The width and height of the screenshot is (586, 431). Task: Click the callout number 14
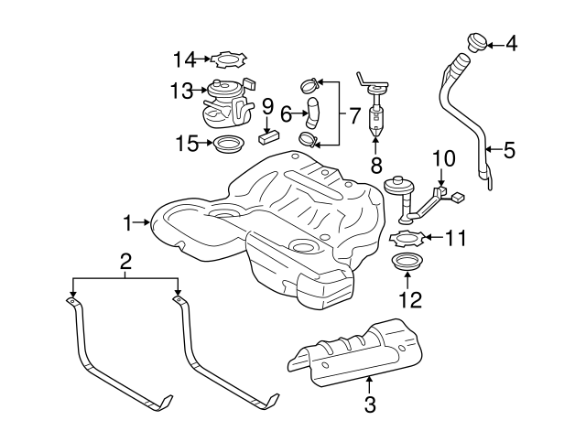click(185, 60)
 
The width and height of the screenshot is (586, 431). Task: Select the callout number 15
click(187, 143)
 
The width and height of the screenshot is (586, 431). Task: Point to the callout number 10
click(443, 158)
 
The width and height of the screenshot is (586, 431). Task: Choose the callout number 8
click(375, 166)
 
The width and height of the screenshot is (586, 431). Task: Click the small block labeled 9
click(267, 139)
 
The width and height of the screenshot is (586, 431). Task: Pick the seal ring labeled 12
click(407, 266)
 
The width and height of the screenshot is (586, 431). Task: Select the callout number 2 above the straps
click(125, 264)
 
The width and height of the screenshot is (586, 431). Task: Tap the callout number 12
click(407, 299)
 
